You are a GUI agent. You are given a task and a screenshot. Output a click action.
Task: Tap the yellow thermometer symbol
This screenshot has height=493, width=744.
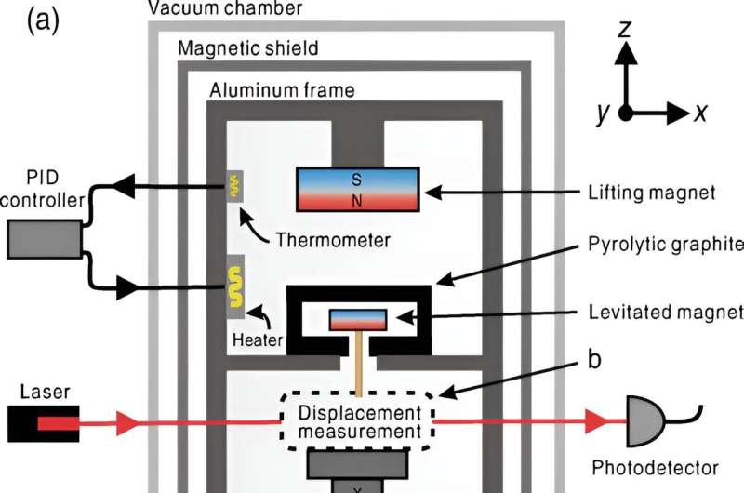click(x=235, y=185)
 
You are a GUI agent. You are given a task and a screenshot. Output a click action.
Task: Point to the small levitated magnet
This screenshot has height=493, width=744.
click(x=358, y=318)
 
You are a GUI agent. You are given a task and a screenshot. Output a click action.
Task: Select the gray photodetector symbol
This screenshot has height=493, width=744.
click(x=648, y=424)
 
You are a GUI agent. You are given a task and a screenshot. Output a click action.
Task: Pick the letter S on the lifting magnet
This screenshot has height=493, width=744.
click(x=355, y=179)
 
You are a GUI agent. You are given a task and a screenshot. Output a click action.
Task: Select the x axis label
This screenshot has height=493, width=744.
click(x=702, y=113)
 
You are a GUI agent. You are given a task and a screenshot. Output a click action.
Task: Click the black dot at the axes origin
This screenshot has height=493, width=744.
click(x=627, y=113)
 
